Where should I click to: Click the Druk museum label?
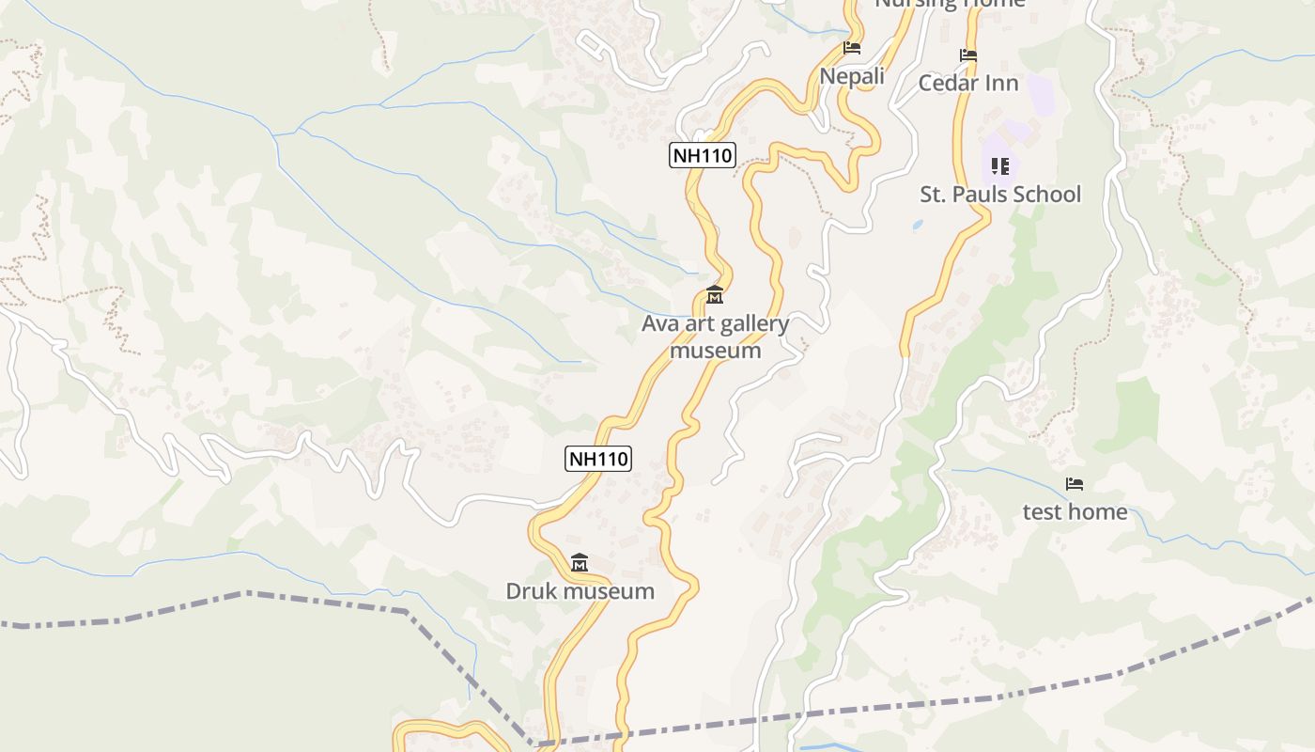coord(580,591)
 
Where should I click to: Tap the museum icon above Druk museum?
coord(580,563)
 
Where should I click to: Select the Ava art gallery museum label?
coord(715,337)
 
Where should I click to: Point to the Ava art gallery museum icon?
coord(715,295)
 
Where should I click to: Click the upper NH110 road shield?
coord(702,155)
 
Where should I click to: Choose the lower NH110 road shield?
coord(598,459)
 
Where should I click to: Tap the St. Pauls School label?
coord(1000,195)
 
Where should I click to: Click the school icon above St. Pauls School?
coord(1000,166)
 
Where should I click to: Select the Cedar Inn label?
coord(968,83)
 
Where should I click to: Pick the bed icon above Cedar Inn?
coord(968,55)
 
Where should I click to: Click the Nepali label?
coord(852,76)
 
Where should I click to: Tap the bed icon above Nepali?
coord(852,47)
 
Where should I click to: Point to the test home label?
coord(1075,511)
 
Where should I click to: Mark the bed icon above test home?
coord(1075,484)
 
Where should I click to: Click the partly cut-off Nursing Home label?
coord(950,4)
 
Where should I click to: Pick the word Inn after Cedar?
coord(1000,83)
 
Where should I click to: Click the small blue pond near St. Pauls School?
coord(917,226)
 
